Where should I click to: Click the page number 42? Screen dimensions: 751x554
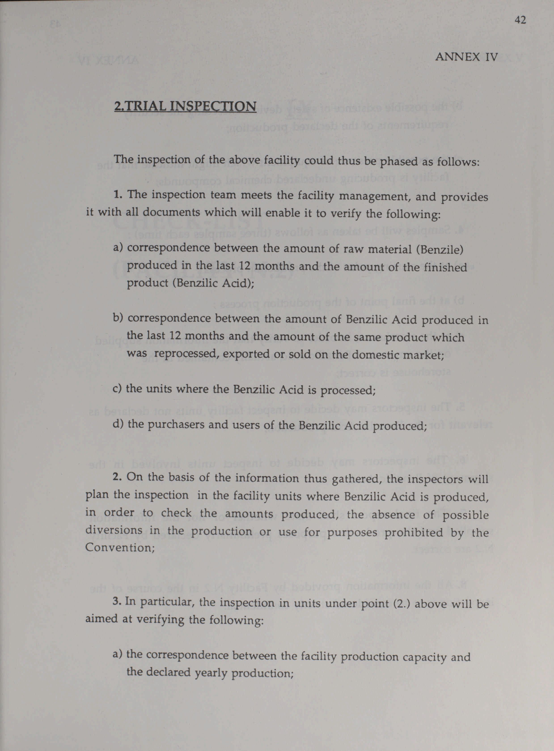[x=520, y=20]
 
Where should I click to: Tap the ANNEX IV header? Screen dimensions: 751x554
[x=466, y=57]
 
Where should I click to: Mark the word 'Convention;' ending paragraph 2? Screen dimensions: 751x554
[x=120, y=547]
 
